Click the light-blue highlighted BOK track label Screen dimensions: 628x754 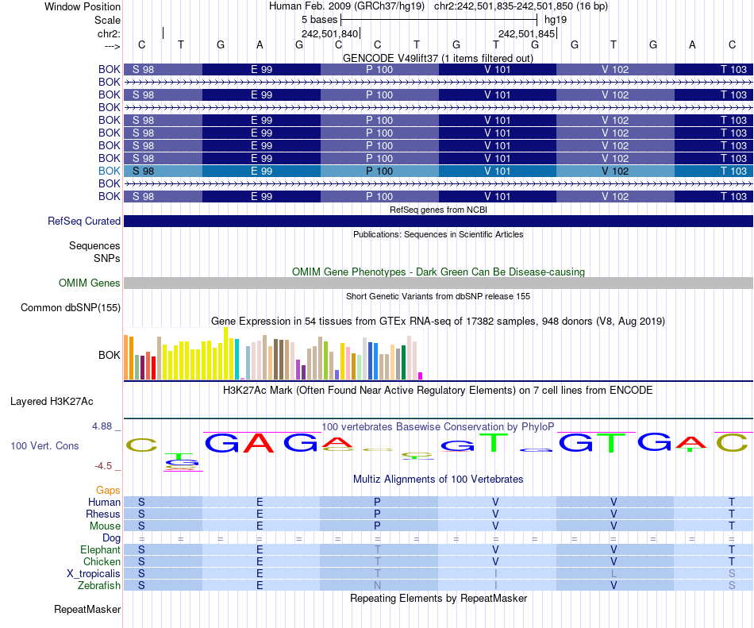click(x=109, y=171)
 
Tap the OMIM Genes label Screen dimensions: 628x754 click(x=90, y=283)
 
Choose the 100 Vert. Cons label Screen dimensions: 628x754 click(x=44, y=446)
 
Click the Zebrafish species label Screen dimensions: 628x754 click(x=101, y=585)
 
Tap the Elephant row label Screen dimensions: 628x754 click(x=100, y=549)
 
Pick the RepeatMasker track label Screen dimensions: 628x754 click(x=87, y=610)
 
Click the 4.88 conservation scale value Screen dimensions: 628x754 click(x=103, y=426)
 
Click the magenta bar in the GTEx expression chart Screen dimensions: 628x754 click(x=421, y=376)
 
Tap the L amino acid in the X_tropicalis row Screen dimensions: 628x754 click(x=614, y=573)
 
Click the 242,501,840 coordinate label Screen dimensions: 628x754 click(x=329, y=34)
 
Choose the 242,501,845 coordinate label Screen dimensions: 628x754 click(x=526, y=34)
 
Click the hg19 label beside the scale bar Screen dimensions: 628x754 click(x=556, y=20)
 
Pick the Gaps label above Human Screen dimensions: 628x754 click(x=109, y=491)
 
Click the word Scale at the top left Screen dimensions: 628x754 click(x=107, y=20)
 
